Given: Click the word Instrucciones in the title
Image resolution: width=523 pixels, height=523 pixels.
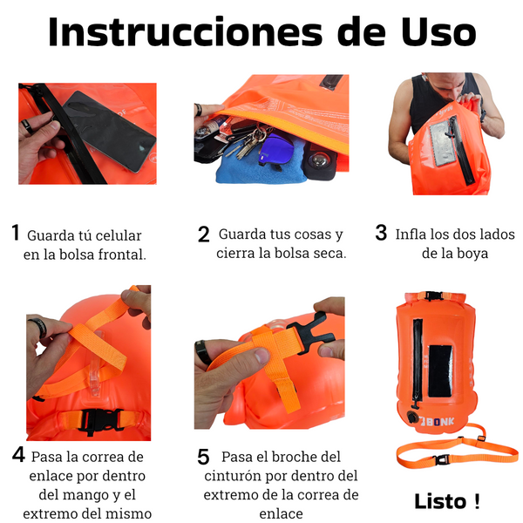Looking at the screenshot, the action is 185,32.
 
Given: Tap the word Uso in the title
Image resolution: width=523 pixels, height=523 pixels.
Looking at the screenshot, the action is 438,32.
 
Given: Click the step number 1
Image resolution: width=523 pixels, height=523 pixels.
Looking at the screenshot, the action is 16,232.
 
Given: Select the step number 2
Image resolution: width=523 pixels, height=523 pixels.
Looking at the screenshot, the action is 203,234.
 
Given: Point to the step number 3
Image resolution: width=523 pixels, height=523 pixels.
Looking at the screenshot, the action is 381,233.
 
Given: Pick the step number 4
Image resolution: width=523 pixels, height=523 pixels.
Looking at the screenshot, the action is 18,454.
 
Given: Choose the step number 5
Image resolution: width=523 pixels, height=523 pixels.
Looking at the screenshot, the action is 203,457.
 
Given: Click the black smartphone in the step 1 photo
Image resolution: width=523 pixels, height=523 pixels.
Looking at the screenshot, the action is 109,131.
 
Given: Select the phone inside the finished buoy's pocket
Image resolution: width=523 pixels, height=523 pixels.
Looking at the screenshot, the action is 440,371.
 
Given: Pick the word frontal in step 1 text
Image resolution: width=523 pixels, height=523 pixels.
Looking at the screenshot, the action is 122,255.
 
